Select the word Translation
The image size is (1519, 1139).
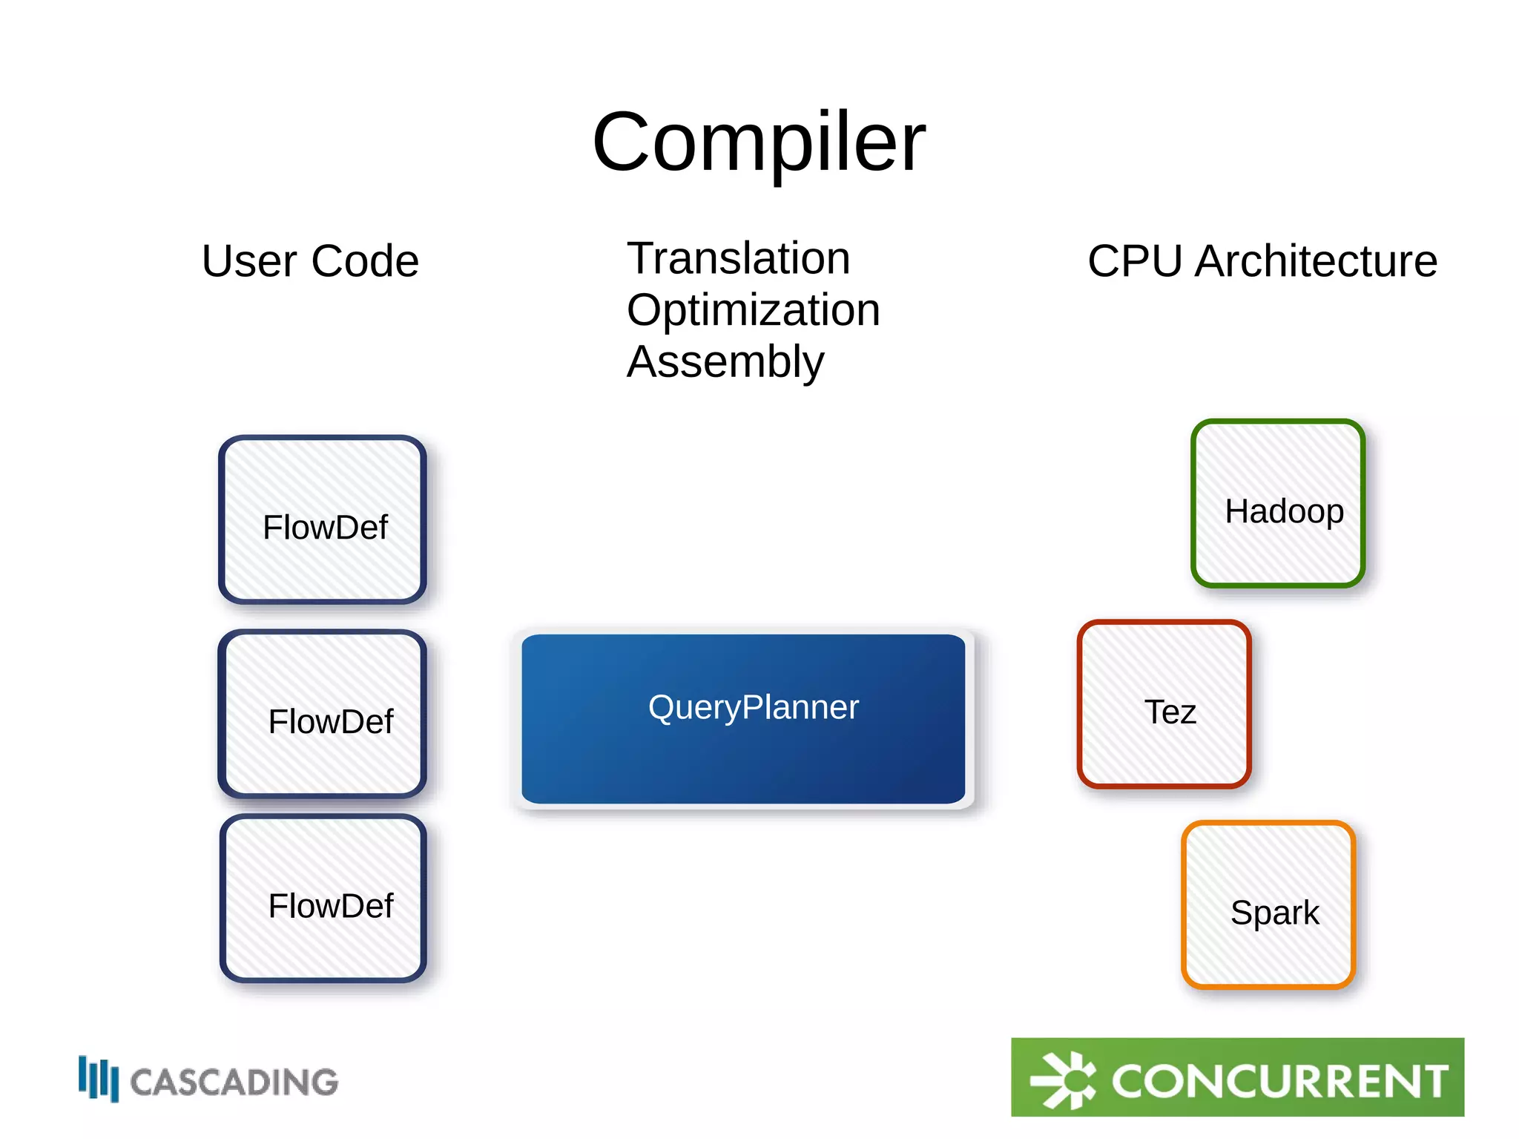(738, 258)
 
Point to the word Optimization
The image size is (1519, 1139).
(753, 309)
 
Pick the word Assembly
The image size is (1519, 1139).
(725, 361)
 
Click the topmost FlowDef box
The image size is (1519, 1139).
(323, 519)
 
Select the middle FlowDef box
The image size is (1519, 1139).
(323, 714)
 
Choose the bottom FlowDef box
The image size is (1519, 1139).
(323, 898)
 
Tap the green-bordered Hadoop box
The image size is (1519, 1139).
(1277, 503)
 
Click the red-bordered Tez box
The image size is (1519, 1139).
(1164, 703)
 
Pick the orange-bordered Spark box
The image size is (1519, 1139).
(1268, 905)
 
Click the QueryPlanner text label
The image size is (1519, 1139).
(753, 707)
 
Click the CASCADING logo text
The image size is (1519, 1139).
(234, 1083)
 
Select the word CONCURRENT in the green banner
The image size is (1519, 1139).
(1279, 1081)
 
